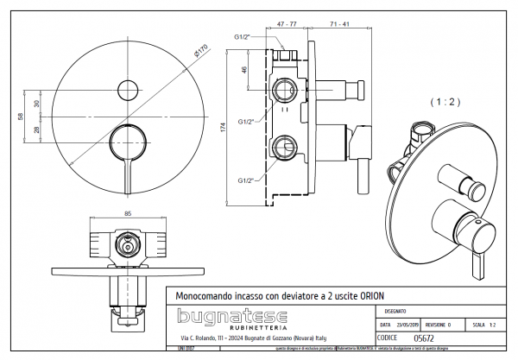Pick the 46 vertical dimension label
coord(245,69)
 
